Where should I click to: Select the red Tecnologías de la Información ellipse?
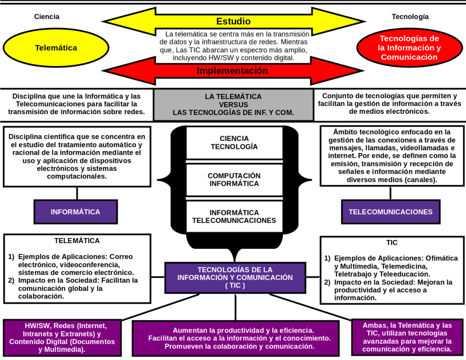[410, 48]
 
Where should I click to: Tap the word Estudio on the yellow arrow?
[233, 21]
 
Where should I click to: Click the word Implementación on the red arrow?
[232, 71]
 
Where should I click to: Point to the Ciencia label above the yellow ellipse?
[47, 17]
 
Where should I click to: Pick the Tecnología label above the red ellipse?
[410, 17]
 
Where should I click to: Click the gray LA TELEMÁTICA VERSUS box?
[233, 105]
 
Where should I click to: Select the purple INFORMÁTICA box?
[76, 212]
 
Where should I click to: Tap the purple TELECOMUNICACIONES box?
[390, 212]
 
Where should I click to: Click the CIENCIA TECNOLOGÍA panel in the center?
[234, 142]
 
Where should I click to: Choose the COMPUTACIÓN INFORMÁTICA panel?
[234, 180]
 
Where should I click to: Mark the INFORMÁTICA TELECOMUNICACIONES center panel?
[234, 217]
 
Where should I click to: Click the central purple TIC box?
[235, 278]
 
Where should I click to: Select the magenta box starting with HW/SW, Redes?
[62, 338]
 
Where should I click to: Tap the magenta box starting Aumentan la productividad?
[236, 338]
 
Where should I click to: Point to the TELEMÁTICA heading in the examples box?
[77, 241]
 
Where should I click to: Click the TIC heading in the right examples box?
[392, 243]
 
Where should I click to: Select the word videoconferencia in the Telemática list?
[93, 265]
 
